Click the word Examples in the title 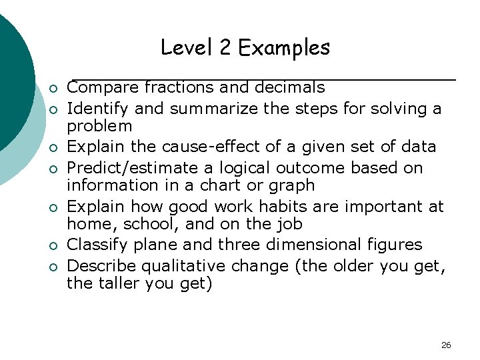[x=284, y=48]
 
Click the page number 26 [x=446, y=345]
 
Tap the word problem [x=100, y=127]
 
